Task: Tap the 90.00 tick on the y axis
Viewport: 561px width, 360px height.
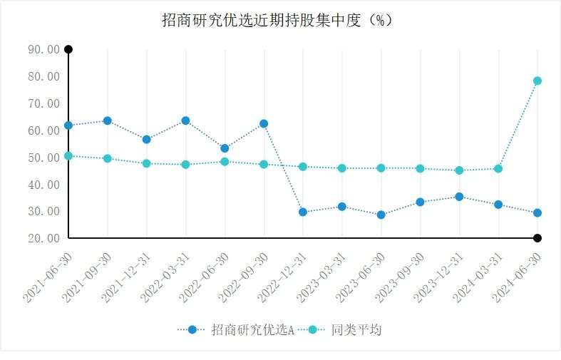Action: [43, 49]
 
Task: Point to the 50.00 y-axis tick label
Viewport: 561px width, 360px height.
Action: [43, 158]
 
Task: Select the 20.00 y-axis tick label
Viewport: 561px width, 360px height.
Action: [43, 238]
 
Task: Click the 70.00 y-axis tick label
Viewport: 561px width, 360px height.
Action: [43, 103]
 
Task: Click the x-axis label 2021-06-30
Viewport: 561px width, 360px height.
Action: [48, 274]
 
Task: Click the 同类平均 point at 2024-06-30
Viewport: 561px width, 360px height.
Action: [537, 81]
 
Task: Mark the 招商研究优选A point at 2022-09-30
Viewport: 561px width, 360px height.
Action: [264, 123]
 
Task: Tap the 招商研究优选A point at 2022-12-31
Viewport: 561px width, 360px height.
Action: [303, 212]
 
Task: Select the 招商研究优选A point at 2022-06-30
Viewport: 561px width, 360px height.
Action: [225, 148]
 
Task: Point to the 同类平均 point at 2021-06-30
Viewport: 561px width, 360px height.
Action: [68, 155]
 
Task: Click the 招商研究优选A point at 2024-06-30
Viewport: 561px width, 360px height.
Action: [537, 212]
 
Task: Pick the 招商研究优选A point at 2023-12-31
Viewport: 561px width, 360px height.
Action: [459, 197]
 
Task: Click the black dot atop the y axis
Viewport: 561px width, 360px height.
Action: [68, 49]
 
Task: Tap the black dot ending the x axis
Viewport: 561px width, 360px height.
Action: [537, 238]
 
